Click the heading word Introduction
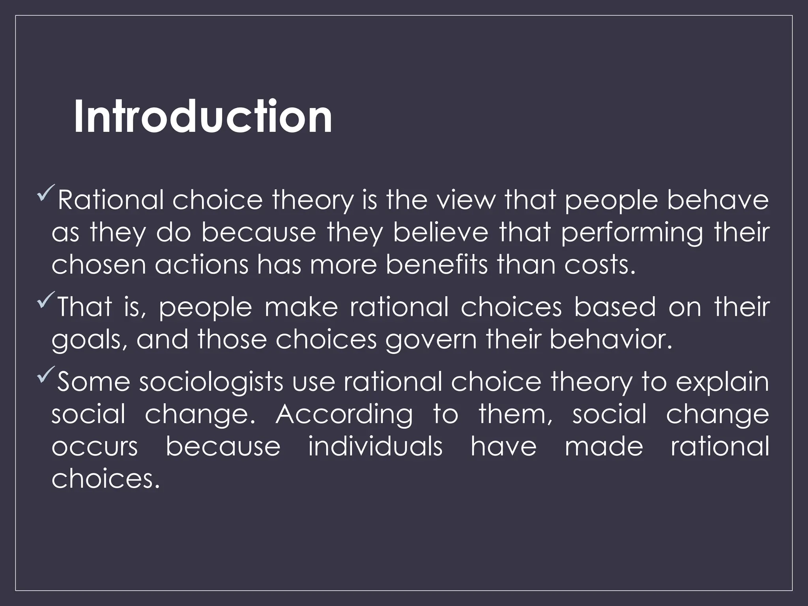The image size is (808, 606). [x=203, y=117]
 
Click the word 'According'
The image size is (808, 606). [x=344, y=415]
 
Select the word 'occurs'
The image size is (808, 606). [x=95, y=447]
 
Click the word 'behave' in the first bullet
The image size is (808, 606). [x=718, y=200]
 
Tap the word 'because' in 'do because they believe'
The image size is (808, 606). [x=258, y=233]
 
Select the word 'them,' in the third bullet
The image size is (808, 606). [x=516, y=415]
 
